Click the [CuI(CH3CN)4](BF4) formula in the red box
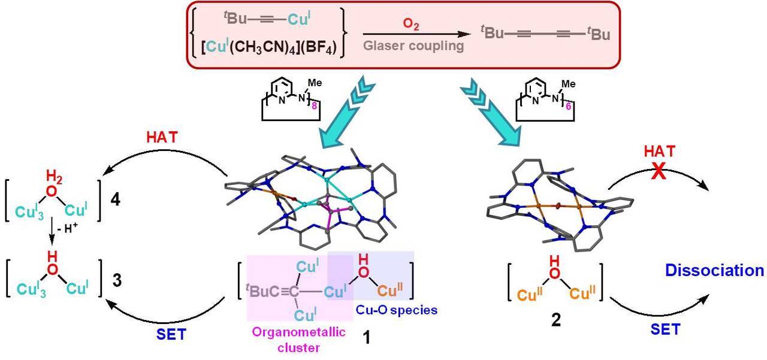[x=267, y=45]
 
